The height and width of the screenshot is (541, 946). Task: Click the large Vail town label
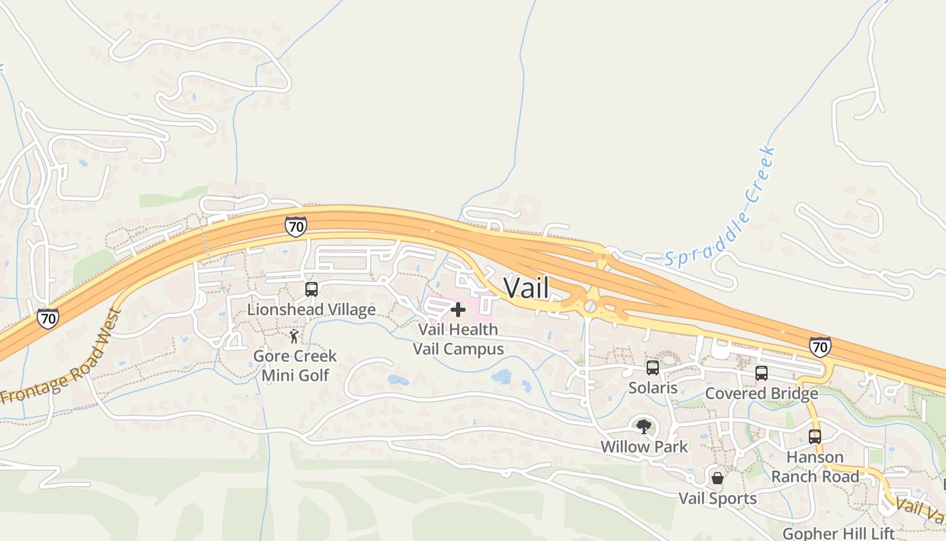coord(526,288)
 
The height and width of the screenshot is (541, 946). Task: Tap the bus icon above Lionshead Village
coord(312,289)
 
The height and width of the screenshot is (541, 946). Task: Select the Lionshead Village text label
coord(312,310)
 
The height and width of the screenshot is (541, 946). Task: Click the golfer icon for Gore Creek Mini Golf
coord(294,336)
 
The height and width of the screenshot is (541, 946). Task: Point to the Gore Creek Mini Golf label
coord(295,365)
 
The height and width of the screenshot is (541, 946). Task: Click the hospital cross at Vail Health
coord(458,310)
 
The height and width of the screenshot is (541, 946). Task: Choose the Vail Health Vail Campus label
coord(458,339)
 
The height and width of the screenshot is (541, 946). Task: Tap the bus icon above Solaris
coord(653,368)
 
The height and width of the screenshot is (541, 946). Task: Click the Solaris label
coord(653,388)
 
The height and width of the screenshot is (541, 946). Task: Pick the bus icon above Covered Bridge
coord(762,373)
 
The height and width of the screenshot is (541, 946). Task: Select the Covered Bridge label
coord(762,394)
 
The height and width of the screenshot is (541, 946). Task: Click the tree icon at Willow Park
coord(643,426)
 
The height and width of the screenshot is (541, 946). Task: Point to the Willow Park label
coord(644,447)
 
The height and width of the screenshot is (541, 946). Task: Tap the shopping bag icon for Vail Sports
coord(718,478)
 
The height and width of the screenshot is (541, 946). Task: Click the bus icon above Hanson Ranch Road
coord(815,437)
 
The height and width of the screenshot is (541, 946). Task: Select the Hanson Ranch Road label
coord(815,467)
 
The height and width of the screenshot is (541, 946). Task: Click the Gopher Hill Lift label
coord(838,534)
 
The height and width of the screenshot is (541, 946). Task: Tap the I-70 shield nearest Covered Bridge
coord(820,348)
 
